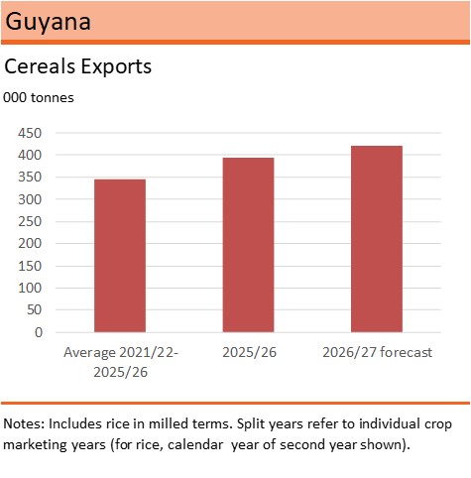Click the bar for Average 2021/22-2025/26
120,256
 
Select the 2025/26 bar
248,245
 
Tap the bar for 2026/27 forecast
377,239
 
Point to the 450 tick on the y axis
30,133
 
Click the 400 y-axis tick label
30,155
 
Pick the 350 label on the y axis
30,178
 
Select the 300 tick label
30,199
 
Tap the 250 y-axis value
30,221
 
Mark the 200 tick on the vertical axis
30,244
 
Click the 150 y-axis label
30,266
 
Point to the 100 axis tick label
30,288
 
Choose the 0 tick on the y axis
39,332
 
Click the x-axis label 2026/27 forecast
377,352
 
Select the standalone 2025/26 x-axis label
249,352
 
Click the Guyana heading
48,22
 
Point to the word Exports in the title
116,66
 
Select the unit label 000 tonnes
39,98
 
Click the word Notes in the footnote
24,424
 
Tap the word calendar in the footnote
195,444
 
